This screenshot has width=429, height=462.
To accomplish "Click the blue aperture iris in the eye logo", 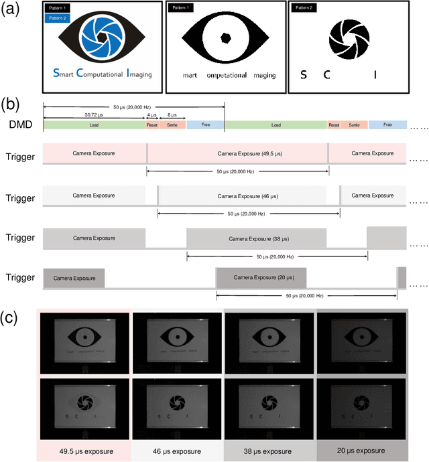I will click(103, 37).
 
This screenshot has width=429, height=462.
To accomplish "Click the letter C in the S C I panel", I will click(327, 75).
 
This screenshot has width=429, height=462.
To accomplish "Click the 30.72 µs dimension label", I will click(94, 116).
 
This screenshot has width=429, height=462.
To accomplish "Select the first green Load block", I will click(94, 125).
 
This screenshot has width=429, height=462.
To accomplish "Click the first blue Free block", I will click(205, 125).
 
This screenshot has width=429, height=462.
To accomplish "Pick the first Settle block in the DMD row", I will click(172, 125).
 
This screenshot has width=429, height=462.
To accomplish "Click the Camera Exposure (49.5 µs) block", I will click(237, 153).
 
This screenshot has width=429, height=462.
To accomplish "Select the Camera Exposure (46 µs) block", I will click(241, 196).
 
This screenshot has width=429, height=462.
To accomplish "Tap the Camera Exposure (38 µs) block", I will click(256, 238).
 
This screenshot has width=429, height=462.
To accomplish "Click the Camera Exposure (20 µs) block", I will click(261, 277).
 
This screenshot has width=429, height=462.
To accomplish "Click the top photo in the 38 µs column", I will click(269, 343).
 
